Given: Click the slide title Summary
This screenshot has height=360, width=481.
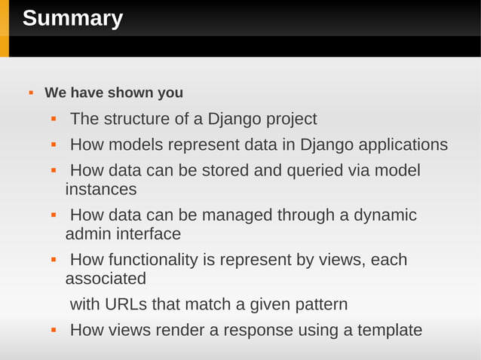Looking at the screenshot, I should tap(72, 18).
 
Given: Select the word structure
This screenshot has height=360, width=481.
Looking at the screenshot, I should tap(133, 119).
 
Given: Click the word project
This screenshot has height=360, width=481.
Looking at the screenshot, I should tap(289, 120).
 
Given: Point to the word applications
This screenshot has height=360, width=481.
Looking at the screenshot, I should tap(403, 145).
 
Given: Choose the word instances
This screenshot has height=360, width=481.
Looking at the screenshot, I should tap(101, 189).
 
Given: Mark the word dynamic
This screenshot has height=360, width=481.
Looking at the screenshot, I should tap(384, 215).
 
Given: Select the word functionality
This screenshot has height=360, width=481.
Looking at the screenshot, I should tap(154, 261).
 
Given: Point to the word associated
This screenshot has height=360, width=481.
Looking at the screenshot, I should tap(106, 279).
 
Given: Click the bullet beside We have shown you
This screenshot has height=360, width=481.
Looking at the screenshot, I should tap(31, 93).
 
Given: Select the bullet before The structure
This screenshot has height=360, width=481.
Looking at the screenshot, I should tap(54, 120).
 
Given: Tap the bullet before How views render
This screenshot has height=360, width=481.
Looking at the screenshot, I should tap(54, 331).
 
